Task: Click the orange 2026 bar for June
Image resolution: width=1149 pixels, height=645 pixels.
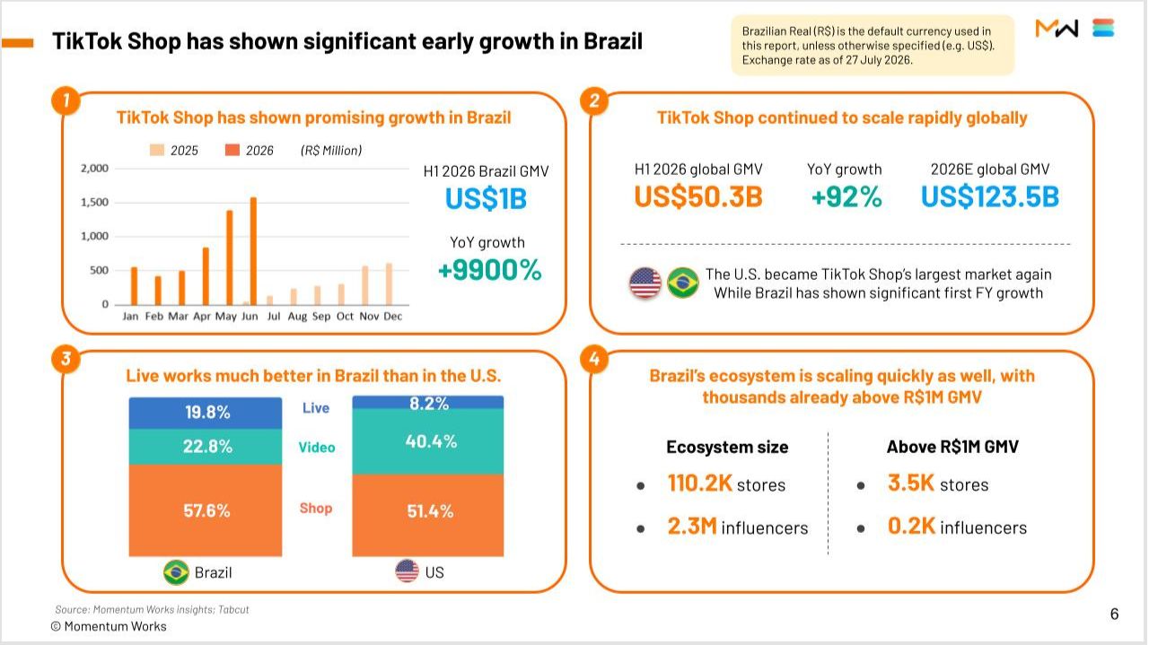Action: (x=253, y=251)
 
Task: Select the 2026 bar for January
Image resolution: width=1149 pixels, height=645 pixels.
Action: (x=135, y=286)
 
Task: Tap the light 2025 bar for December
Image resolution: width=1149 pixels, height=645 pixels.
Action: (x=390, y=284)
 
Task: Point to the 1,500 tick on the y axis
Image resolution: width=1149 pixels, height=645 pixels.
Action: (x=95, y=202)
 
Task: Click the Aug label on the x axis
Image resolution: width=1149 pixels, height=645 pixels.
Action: (x=297, y=317)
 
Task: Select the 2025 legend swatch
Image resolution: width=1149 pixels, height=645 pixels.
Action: (x=157, y=150)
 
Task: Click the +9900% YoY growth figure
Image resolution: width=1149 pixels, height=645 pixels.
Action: (x=490, y=270)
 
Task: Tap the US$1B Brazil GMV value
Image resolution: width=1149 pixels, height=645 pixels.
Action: (x=486, y=199)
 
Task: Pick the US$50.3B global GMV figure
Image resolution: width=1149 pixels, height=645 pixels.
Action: (x=698, y=196)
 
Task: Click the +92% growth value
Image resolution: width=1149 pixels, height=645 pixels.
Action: (x=846, y=196)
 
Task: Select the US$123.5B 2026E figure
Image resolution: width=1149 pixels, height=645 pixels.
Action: (x=990, y=196)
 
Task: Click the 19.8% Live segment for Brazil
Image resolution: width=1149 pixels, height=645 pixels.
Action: (x=206, y=413)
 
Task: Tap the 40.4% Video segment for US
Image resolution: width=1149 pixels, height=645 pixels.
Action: (x=428, y=441)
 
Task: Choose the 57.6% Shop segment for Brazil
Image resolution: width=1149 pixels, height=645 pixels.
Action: (x=206, y=510)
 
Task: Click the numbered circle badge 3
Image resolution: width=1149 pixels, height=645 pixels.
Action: (x=66, y=359)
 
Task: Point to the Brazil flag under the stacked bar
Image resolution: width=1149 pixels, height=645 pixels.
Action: (x=176, y=572)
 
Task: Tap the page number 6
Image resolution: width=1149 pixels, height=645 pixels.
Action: (x=1114, y=614)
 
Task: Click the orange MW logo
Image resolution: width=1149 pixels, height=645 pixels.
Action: (x=1057, y=28)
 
